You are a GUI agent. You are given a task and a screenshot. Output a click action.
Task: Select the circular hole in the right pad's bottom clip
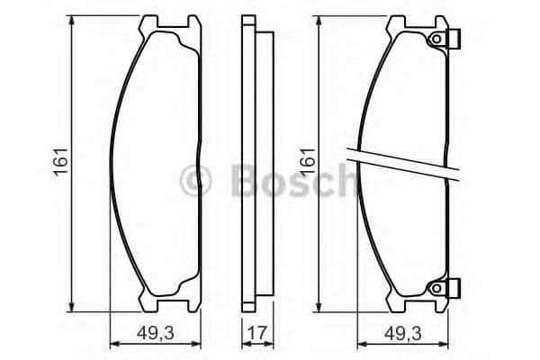(x=438, y=288)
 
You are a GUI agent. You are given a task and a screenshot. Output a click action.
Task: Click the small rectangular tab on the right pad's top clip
(x=455, y=40)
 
